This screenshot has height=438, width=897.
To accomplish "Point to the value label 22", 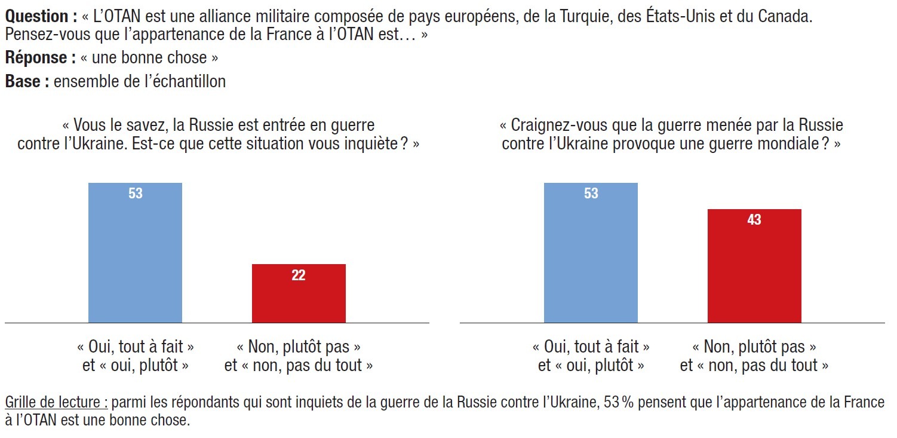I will point(299,275).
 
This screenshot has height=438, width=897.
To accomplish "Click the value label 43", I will point(754,220).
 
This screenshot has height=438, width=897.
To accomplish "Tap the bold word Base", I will point(27,81).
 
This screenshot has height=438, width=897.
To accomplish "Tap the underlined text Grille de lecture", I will point(56,402).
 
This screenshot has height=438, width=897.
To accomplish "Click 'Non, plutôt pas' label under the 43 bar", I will point(754,347).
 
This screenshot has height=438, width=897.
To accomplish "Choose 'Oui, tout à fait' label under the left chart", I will point(136,347).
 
